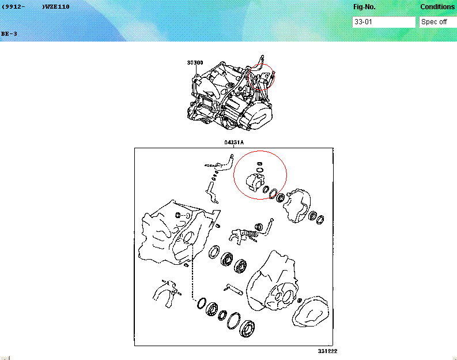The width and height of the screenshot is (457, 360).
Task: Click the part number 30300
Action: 195,62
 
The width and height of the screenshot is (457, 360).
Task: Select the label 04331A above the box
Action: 234,142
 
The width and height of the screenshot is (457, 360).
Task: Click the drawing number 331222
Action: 327,351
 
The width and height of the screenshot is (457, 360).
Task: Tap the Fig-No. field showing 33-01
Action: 383,22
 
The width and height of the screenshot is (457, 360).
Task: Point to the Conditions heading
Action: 437,7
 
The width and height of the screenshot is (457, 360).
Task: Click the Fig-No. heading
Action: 364,7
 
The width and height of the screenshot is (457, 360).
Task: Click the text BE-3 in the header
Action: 9,33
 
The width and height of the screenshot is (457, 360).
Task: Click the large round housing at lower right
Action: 274,283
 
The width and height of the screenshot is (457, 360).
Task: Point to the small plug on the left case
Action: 178,215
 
